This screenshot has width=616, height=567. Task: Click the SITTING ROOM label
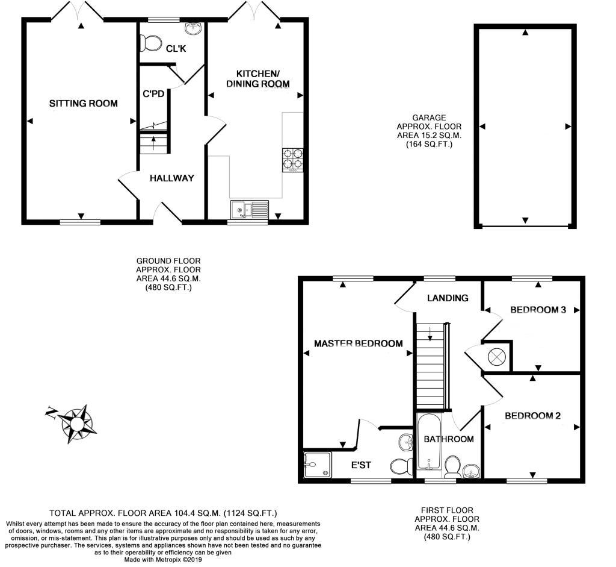pos(83,103)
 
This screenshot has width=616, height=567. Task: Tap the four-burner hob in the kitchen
pos(292,158)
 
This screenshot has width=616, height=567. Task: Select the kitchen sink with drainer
pos(249,210)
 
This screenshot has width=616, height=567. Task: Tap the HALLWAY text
pos(172,178)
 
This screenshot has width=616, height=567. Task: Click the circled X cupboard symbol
pos(496,356)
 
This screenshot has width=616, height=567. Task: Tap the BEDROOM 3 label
pos(538,310)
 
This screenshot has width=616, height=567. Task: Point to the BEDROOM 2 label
pos(532,416)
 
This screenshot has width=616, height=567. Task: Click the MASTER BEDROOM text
pos(358,343)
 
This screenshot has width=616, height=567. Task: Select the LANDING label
pos(448,298)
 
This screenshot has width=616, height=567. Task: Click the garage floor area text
pos(428,131)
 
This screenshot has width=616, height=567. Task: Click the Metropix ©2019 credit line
pos(162,559)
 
